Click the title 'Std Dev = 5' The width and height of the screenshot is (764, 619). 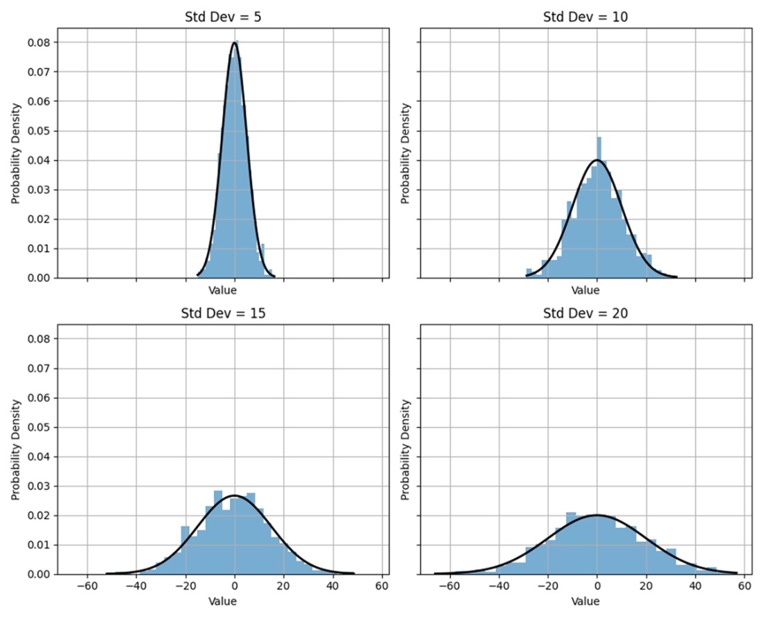(x=235, y=17)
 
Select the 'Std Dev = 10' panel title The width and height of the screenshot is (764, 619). (x=597, y=17)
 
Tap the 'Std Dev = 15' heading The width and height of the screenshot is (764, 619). (x=235, y=313)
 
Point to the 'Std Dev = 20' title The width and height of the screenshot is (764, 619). (x=597, y=313)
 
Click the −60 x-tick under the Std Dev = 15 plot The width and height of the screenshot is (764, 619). (x=87, y=586)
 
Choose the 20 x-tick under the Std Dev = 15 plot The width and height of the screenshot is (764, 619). (x=284, y=586)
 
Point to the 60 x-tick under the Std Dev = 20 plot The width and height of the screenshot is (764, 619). (x=745, y=586)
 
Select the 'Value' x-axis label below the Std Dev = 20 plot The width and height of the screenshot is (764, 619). (x=597, y=601)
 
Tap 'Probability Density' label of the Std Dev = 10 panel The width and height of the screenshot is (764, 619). (x=406, y=154)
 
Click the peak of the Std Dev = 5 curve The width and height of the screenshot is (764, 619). (x=235, y=43)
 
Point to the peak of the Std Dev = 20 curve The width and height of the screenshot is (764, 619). (x=597, y=515)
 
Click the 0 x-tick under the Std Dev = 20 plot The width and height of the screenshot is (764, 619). (x=597, y=586)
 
